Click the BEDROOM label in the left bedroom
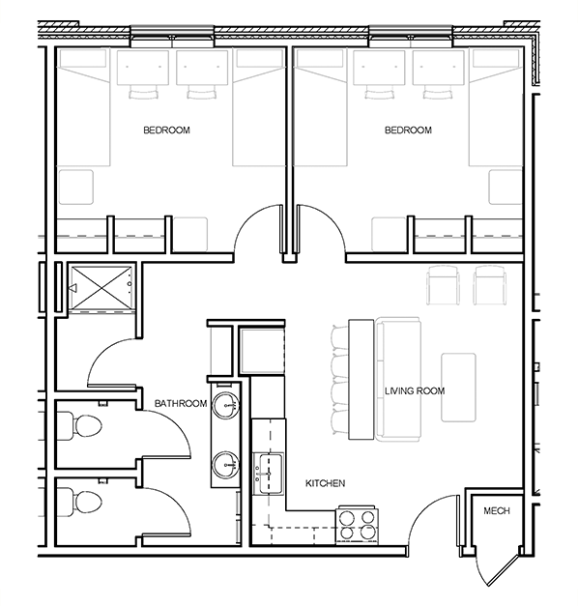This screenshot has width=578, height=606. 167,130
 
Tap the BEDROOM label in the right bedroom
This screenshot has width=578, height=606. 407,130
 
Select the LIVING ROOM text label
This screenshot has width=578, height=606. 414,390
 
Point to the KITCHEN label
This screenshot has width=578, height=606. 326,482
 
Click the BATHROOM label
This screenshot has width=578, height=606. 181,403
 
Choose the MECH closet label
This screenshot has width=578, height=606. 496,511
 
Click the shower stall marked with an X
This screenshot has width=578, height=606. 101,287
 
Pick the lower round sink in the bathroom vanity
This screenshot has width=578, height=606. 225,465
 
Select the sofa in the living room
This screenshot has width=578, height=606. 396,379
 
